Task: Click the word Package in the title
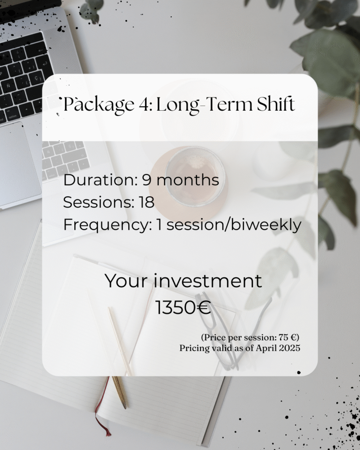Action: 99,105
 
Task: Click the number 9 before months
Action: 147,180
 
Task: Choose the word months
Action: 187,180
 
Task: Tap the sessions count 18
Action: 147,202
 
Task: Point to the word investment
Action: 207,281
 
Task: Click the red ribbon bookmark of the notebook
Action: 103,407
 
